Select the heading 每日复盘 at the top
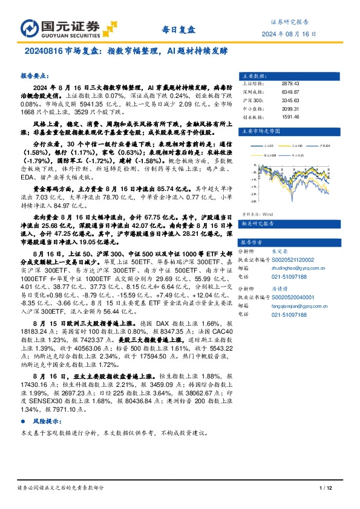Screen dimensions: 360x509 [x=179, y=28]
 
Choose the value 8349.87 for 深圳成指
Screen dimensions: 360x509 [x=291, y=92]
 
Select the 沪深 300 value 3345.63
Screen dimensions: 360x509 [x=291, y=100]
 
